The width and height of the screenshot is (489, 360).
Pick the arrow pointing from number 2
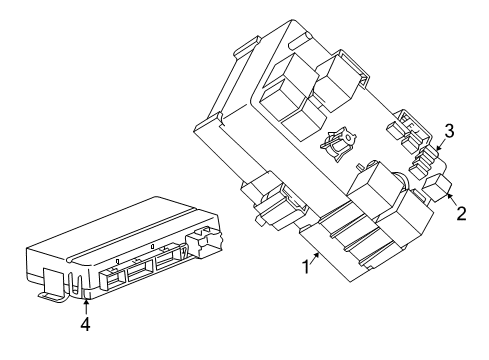coord(453,199)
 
